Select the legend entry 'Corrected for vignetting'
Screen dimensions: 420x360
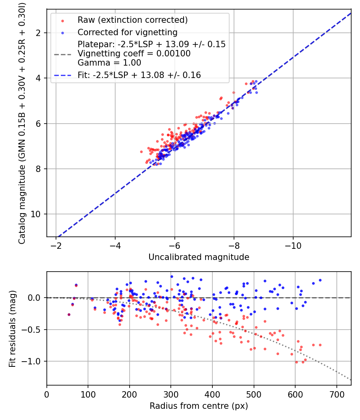click(x=127, y=32)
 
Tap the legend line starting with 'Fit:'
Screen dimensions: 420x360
click(x=139, y=75)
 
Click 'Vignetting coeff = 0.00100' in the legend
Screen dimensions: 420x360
click(x=134, y=53)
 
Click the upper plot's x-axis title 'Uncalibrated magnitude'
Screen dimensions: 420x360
click(x=199, y=257)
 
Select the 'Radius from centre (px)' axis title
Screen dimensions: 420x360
click(x=199, y=406)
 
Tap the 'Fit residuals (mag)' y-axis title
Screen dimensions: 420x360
click(x=12, y=328)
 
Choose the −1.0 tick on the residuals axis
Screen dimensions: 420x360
click(x=34, y=361)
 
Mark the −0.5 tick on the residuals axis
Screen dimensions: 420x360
click(x=34, y=330)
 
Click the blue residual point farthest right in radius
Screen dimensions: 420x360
click(x=320, y=280)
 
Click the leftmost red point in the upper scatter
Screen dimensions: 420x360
click(x=141, y=152)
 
